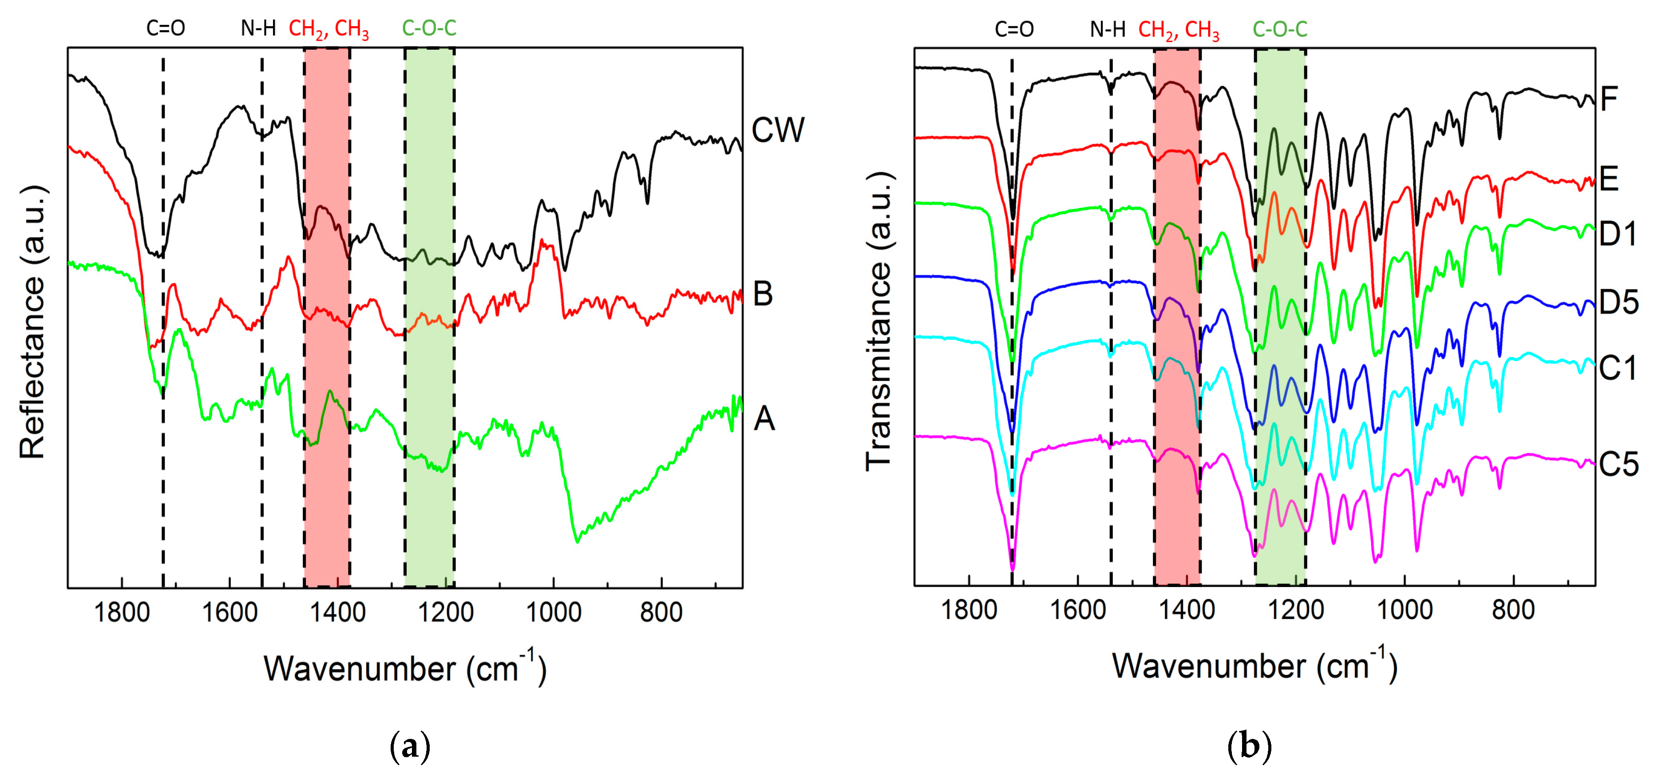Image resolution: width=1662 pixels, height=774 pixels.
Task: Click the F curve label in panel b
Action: click(1609, 99)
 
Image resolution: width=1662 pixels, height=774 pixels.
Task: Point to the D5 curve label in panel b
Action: click(1618, 302)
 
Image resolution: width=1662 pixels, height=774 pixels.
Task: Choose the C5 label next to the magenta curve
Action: click(1618, 464)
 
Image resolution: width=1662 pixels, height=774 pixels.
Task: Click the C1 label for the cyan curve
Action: click(1618, 369)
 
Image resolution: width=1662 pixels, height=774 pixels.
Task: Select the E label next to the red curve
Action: click(1609, 179)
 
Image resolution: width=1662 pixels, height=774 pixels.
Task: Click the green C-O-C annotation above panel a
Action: click(429, 28)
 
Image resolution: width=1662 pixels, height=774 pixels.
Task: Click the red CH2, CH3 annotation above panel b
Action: click(1178, 30)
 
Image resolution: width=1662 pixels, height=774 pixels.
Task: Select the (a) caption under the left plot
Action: click(410, 747)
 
